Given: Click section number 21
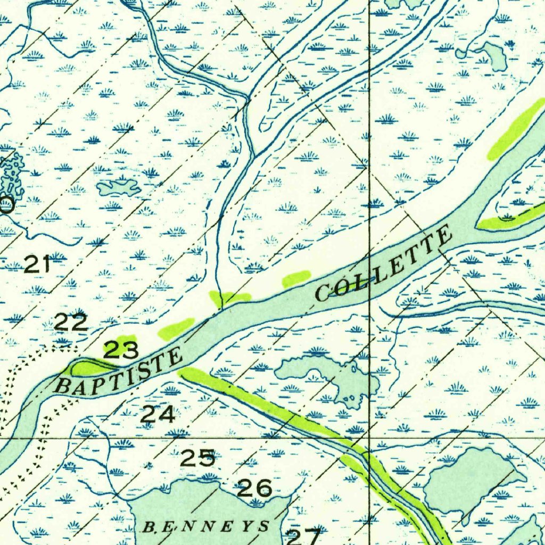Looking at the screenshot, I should click(37, 264).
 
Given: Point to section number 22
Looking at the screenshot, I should click(71, 322).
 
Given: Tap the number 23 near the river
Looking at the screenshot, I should click(121, 350).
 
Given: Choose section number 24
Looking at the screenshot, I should click(158, 414).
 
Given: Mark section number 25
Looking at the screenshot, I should click(197, 457).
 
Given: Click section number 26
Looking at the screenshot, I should click(254, 488).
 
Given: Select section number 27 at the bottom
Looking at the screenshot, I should click(303, 536).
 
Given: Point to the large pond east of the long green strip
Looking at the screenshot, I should click(468, 479).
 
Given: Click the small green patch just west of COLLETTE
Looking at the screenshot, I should click(296, 278).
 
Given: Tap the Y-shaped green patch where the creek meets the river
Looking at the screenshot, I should click(229, 298).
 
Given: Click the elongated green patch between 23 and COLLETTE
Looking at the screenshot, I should click(176, 327).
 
